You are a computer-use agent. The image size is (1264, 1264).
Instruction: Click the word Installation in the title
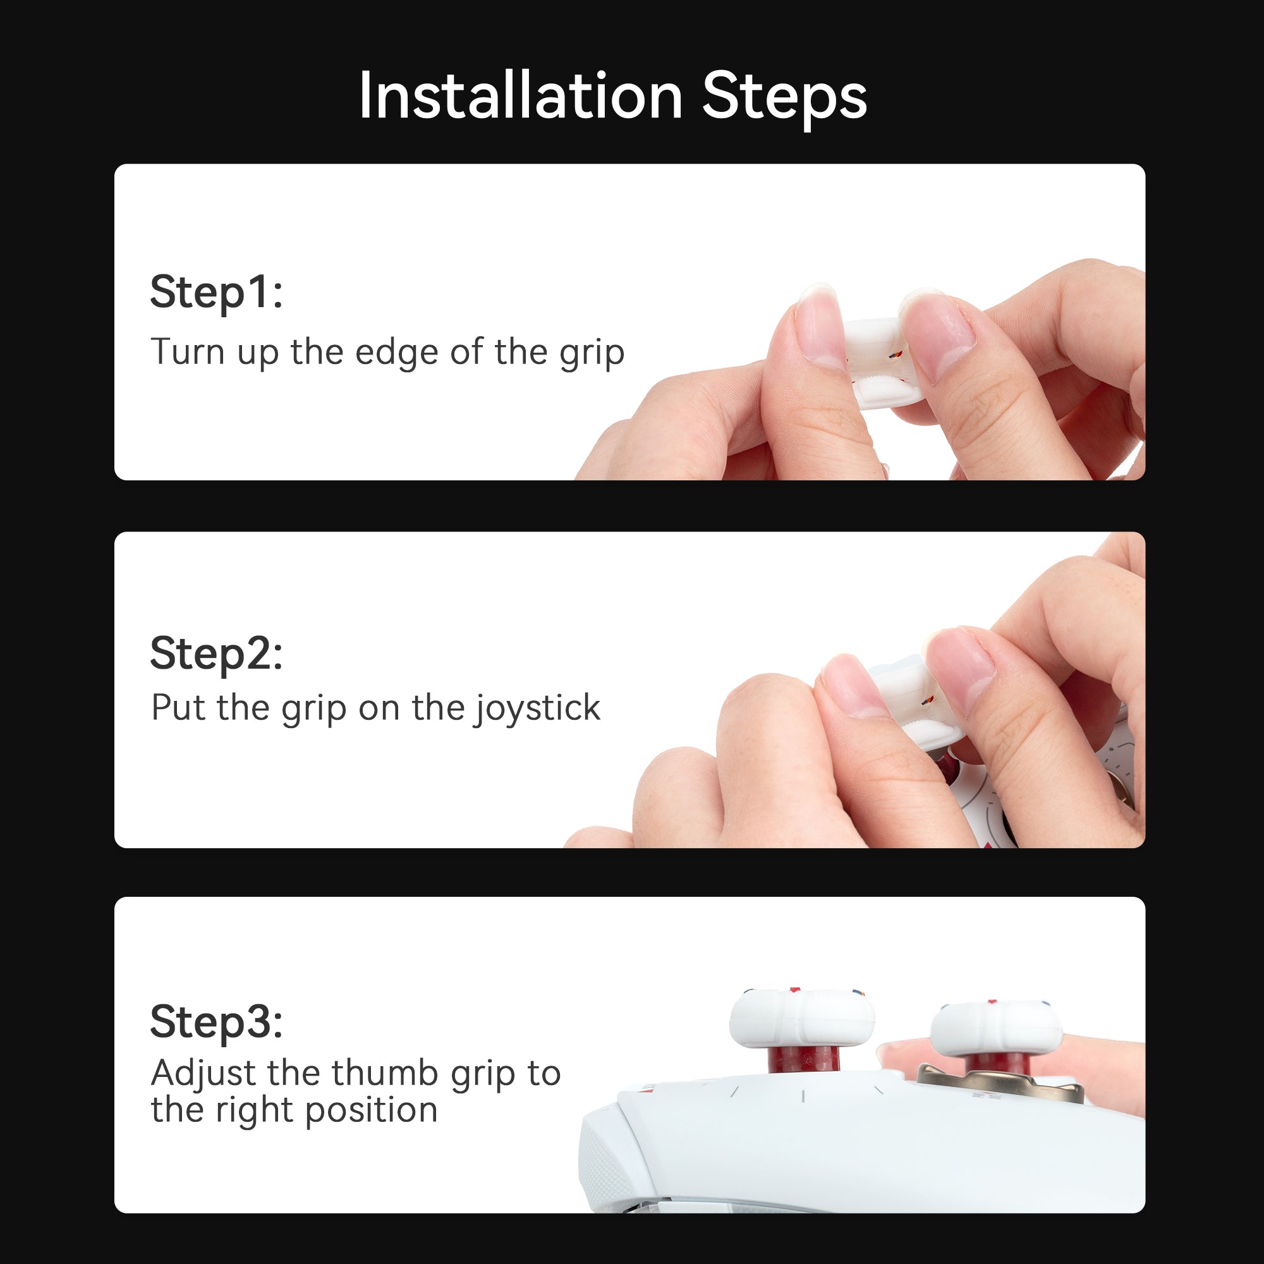pos(521,97)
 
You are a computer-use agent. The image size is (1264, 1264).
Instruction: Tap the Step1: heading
pos(217,292)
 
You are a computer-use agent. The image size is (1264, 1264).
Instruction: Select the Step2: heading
pos(217,653)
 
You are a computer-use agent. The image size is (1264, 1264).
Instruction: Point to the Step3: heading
pos(217,1021)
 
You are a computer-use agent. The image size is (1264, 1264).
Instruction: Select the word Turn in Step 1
pos(188,352)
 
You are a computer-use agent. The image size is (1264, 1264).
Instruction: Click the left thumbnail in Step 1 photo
pos(818,327)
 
